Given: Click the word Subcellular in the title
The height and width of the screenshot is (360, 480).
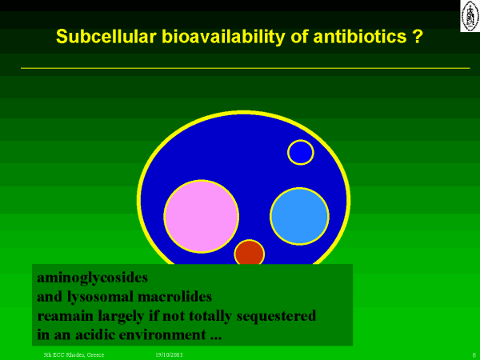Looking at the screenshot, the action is pyautogui.click(x=106, y=36).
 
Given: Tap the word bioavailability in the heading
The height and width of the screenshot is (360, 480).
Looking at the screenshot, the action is pyautogui.click(x=223, y=37).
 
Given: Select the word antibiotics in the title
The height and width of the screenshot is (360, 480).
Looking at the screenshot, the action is pyautogui.click(x=360, y=36).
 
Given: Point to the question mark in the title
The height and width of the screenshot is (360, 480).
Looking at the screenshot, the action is pyautogui.click(x=418, y=36).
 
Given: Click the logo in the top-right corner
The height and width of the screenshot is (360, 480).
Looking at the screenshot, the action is pyautogui.click(x=470, y=16).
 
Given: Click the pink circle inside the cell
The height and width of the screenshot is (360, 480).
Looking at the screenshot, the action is pyautogui.click(x=201, y=217).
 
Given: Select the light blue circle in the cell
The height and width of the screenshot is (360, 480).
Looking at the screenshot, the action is pyautogui.click(x=299, y=216).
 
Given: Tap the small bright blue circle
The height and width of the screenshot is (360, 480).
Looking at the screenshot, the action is pyautogui.click(x=301, y=152).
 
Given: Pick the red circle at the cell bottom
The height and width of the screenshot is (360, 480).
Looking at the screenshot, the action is pyautogui.click(x=249, y=252).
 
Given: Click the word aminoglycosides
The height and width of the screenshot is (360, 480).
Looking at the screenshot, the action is pyautogui.click(x=93, y=278).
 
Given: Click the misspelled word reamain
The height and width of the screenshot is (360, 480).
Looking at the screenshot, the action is pyautogui.click(x=66, y=316).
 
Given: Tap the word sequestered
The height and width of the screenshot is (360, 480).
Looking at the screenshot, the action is pyautogui.click(x=276, y=316).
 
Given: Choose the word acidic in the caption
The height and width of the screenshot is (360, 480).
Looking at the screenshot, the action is pyautogui.click(x=95, y=334).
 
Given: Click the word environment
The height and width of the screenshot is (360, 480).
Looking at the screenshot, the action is pyautogui.click(x=162, y=334).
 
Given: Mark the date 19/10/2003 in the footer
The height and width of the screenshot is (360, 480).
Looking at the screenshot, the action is pyautogui.click(x=169, y=354).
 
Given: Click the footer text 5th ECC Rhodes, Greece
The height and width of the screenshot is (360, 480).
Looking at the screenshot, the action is pyautogui.click(x=74, y=354).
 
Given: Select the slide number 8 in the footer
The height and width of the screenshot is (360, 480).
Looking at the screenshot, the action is pyautogui.click(x=474, y=355).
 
